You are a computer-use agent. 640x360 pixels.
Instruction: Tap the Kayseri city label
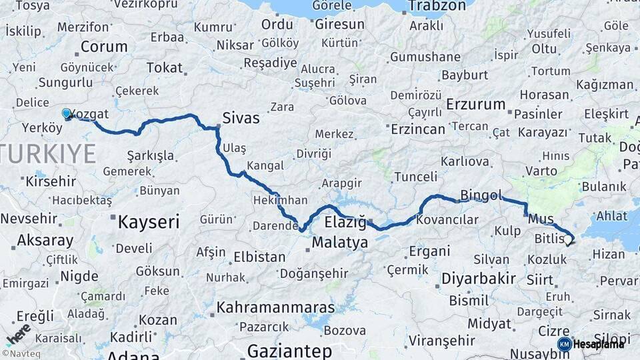pyautogui.click(x=149, y=222)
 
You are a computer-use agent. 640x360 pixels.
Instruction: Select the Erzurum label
pyautogui.click(x=476, y=104)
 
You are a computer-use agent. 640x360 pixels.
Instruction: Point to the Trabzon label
pyautogui.click(x=437, y=6)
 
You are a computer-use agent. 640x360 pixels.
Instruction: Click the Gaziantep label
pyautogui.click(x=289, y=351)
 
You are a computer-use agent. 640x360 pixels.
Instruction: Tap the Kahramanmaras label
pyautogui.click(x=275, y=308)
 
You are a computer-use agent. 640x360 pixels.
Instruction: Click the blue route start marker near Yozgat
pyautogui.click(x=67, y=114)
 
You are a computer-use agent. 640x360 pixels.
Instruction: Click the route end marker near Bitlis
pyautogui.click(x=569, y=241)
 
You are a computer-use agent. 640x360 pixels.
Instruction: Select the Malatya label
pyautogui.click(x=339, y=243)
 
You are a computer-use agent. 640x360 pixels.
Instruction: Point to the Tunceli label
pyautogui.click(x=416, y=177)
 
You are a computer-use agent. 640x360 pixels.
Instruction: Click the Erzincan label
pyautogui.click(x=418, y=128)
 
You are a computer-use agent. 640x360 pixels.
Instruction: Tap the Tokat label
pyautogui.click(x=164, y=67)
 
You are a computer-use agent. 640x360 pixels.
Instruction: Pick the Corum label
pyautogui.click(x=104, y=47)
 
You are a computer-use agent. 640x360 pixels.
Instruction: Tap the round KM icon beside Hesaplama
pyautogui.click(x=564, y=344)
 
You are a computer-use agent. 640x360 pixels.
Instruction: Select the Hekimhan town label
pyautogui.click(x=280, y=200)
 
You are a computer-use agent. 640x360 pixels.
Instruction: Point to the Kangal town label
pyautogui.click(x=265, y=165)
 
